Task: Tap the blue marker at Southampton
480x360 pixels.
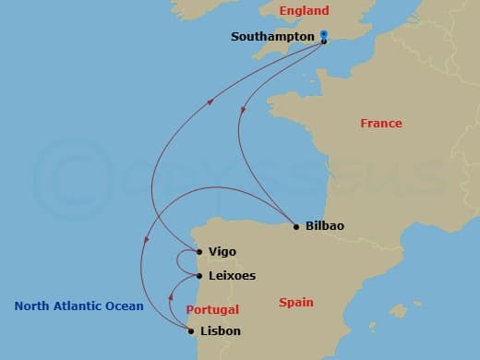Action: point(324,35)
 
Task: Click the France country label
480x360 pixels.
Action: point(380,123)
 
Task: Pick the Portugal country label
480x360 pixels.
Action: point(213,310)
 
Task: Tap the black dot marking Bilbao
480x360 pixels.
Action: point(295,226)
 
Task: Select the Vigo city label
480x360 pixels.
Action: point(222,251)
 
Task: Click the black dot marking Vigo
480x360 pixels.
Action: point(199,251)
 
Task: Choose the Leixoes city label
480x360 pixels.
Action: point(233,275)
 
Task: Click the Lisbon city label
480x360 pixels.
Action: point(221,330)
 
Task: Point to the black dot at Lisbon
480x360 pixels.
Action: point(191,330)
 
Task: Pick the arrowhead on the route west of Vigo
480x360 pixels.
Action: point(145,242)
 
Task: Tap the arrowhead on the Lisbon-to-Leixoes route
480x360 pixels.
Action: point(171,297)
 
